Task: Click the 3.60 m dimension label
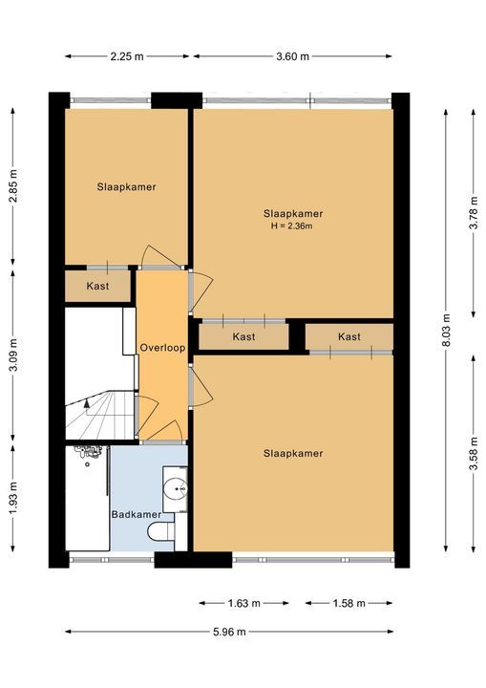coord(293,56)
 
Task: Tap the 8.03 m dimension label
coord(445,330)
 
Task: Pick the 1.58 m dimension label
coord(349,603)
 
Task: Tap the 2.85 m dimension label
coord(12,187)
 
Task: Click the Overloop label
coord(160,347)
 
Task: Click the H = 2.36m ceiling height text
coord(292,226)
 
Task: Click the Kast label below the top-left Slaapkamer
coord(97,286)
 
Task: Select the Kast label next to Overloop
coord(243,336)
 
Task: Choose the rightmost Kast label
coord(349,336)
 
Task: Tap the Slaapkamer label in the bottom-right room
coord(292,453)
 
